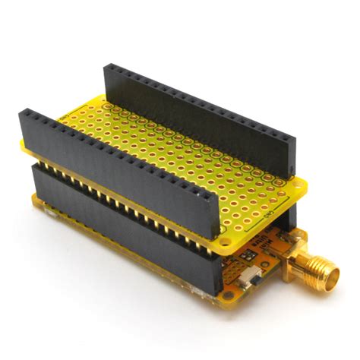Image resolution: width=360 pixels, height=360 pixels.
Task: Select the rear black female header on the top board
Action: pos(197,114)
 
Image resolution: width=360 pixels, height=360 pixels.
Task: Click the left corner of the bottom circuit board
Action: pos(33,202)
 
